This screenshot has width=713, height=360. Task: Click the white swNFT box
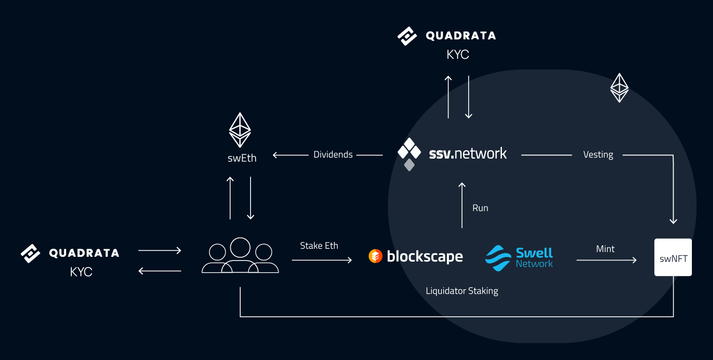[x=673, y=257]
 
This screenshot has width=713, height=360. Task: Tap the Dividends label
[x=333, y=154]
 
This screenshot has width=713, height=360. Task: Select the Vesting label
[x=598, y=154]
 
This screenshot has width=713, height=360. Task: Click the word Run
[x=480, y=208]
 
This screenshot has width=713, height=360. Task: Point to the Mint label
[x=605, y=249]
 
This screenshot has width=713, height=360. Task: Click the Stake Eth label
[x=319, y=245]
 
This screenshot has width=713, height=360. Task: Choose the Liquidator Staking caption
[x=462, y=291]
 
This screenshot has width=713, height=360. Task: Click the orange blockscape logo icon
[x=375, y=256]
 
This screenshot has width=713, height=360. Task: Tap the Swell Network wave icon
[x=498, y=258]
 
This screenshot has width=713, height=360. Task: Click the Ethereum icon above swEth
[x=240, y=130]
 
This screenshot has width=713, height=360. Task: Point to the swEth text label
[x=242, y=158]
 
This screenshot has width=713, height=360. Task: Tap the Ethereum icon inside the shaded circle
[x=619, y=88]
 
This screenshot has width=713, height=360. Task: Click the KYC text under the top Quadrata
[x=458, y=55]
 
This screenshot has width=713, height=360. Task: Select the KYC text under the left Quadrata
[x=81, y=272]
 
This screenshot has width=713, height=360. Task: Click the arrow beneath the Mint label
[x=607, y=260]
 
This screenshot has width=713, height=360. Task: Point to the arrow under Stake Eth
[x=322, y=260]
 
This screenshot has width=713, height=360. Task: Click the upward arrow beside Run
[x=462, y=206]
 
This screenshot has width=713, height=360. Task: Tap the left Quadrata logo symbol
[x=31, y=253]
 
